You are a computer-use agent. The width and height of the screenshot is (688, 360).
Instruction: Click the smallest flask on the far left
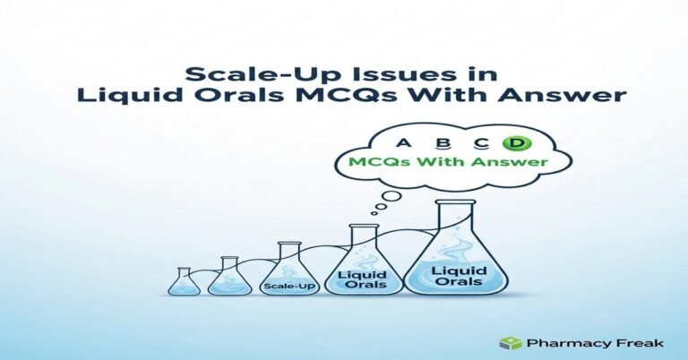coord(183,282)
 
